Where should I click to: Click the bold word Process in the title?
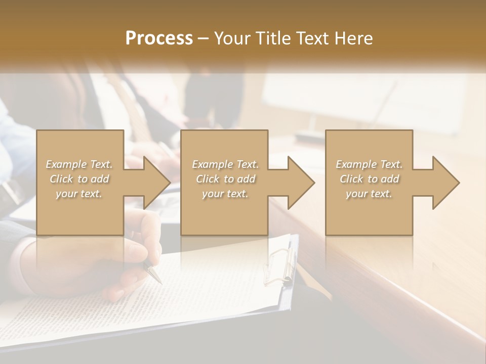[x=159, y=38]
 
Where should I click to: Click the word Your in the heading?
[x=231, y=38]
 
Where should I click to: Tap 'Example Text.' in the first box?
[x=79, y=164]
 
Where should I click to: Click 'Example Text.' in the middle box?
[x=225, y=164]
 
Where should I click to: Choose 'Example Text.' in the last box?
[x=369, y=164]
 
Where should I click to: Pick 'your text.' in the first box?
[x=79, y=194]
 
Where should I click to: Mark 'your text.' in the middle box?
[x=225, y=194]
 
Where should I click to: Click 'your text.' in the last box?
[x=369, y=194]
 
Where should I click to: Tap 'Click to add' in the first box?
[x=79, y=179]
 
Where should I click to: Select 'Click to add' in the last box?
[x=369, y=179]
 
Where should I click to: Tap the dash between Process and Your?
[x=203, y=38]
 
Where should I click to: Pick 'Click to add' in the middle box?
[x=225, y=179]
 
